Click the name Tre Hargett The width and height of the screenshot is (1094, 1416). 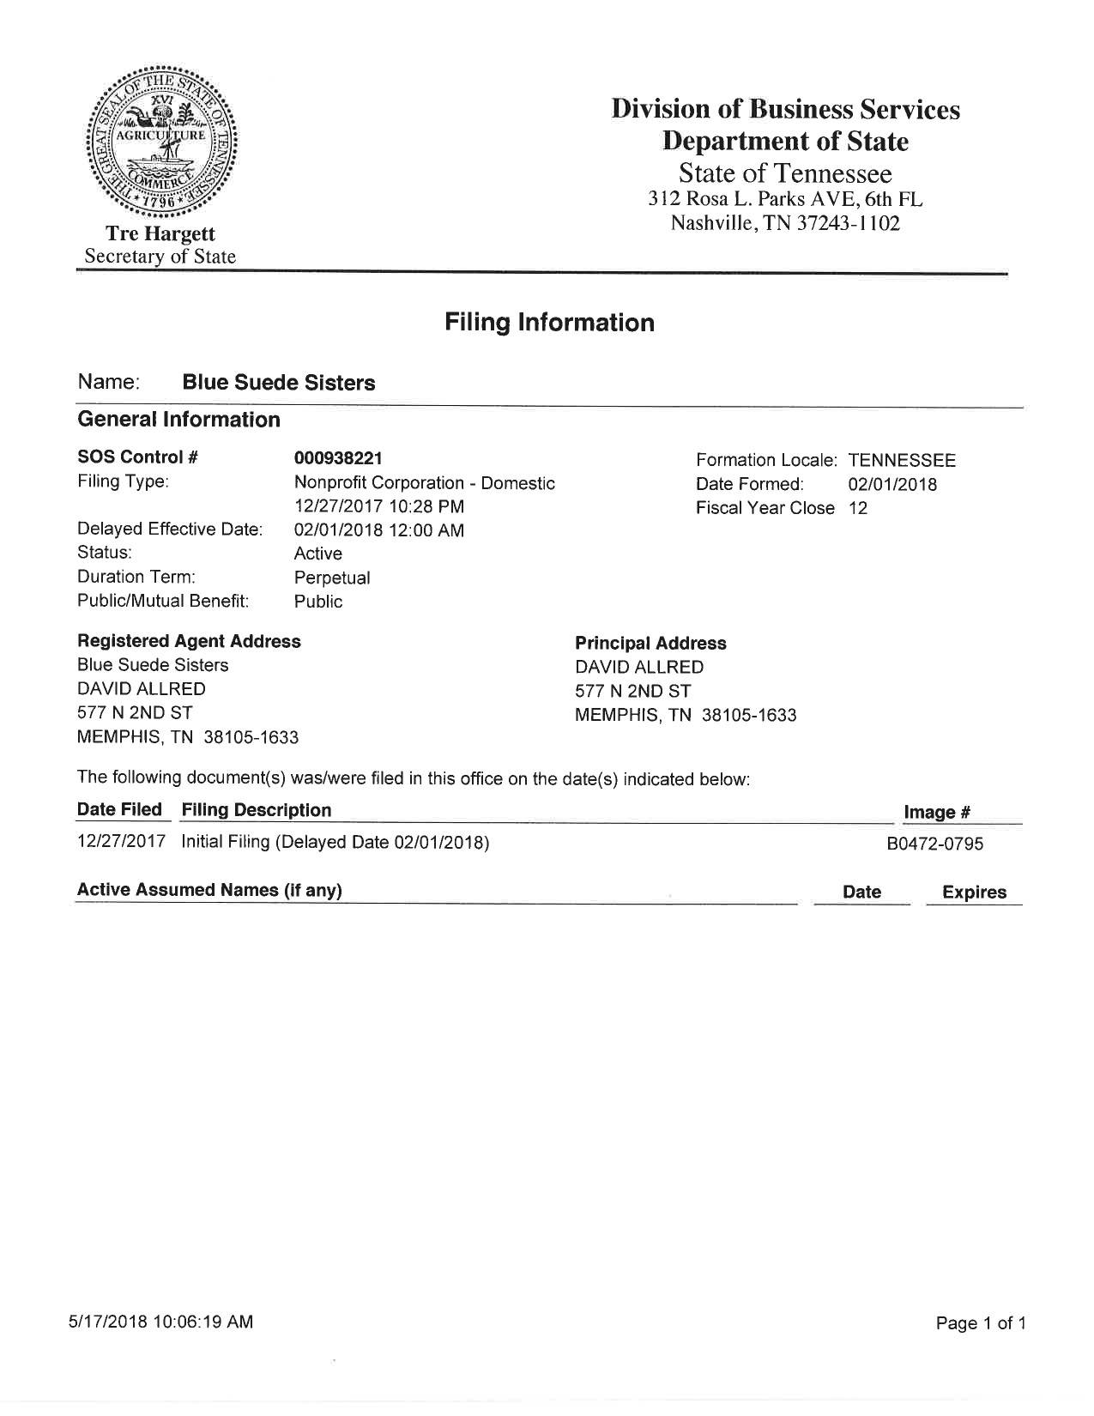tap(160, 233)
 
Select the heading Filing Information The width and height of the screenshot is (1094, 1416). tap(549, 323)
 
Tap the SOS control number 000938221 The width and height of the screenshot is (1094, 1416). tap(338, 458)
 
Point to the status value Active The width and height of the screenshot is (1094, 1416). tap(317, 554)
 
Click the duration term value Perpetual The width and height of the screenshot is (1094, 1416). tap(332, 578)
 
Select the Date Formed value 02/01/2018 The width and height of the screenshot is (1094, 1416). tap(892, 484)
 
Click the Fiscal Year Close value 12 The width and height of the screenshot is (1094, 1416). tap(858, 508)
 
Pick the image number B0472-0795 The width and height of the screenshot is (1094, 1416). tap(934, 844)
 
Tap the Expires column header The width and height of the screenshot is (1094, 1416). tap(974, 892)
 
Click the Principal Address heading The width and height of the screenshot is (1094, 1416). tap(650, 643)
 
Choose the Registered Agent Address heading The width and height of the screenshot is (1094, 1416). tap(189, 641)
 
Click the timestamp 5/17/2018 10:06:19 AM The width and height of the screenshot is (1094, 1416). tap(161, 1322)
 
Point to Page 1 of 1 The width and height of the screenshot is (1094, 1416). tap(981, 1323)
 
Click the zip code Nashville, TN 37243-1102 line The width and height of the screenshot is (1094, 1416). tap(785, 224)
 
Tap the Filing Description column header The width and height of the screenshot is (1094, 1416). tap(257, 810)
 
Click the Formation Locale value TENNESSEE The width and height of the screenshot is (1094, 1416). tap(902, 460)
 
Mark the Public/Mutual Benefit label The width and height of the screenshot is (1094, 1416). tap(163, 601)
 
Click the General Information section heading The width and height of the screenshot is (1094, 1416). tap(178, 420)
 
